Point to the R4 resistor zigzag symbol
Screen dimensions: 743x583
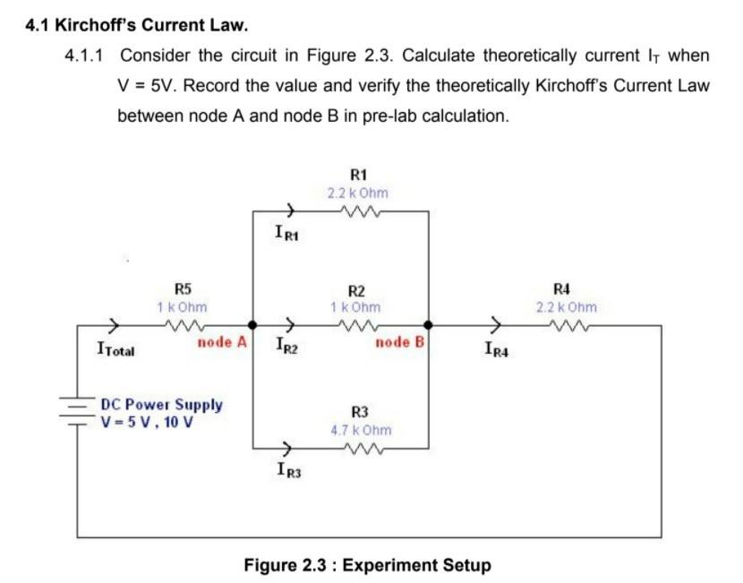565,326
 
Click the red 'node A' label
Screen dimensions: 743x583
221,342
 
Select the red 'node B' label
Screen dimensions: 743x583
399,342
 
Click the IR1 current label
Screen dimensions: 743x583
288,235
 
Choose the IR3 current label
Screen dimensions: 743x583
288,469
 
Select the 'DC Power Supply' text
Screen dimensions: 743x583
162,405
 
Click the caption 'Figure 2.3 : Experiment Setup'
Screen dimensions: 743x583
367,565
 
